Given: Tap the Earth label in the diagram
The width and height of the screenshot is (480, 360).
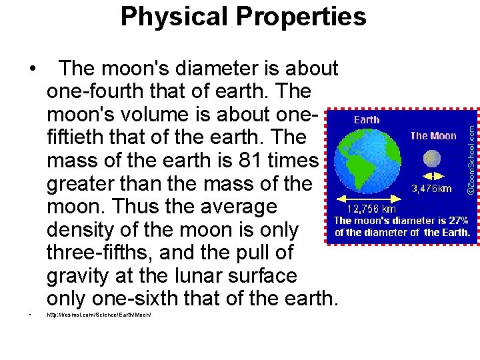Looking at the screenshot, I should (x=367, y=120).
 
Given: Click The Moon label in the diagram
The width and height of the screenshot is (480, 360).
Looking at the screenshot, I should (x=433, y=135).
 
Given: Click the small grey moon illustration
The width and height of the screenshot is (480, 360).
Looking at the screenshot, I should (x=433, y=158).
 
